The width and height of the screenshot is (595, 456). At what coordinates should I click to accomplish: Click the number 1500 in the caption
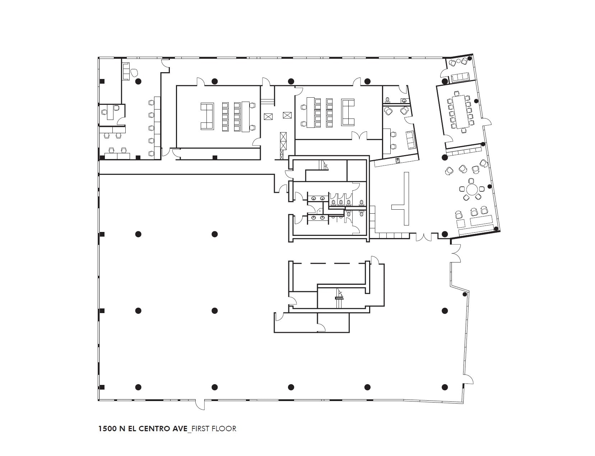tap(107, 428)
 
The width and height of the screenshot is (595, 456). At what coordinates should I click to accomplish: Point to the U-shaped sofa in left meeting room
tap(207, 116)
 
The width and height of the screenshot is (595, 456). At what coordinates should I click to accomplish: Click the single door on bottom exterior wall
tap(200, 405)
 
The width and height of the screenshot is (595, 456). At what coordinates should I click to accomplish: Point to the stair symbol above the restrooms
tap(324, 166)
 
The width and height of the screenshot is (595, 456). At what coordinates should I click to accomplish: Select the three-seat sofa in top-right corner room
tap(460, 77)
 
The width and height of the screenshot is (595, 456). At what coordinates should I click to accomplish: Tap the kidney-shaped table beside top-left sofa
tap(135, 73)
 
